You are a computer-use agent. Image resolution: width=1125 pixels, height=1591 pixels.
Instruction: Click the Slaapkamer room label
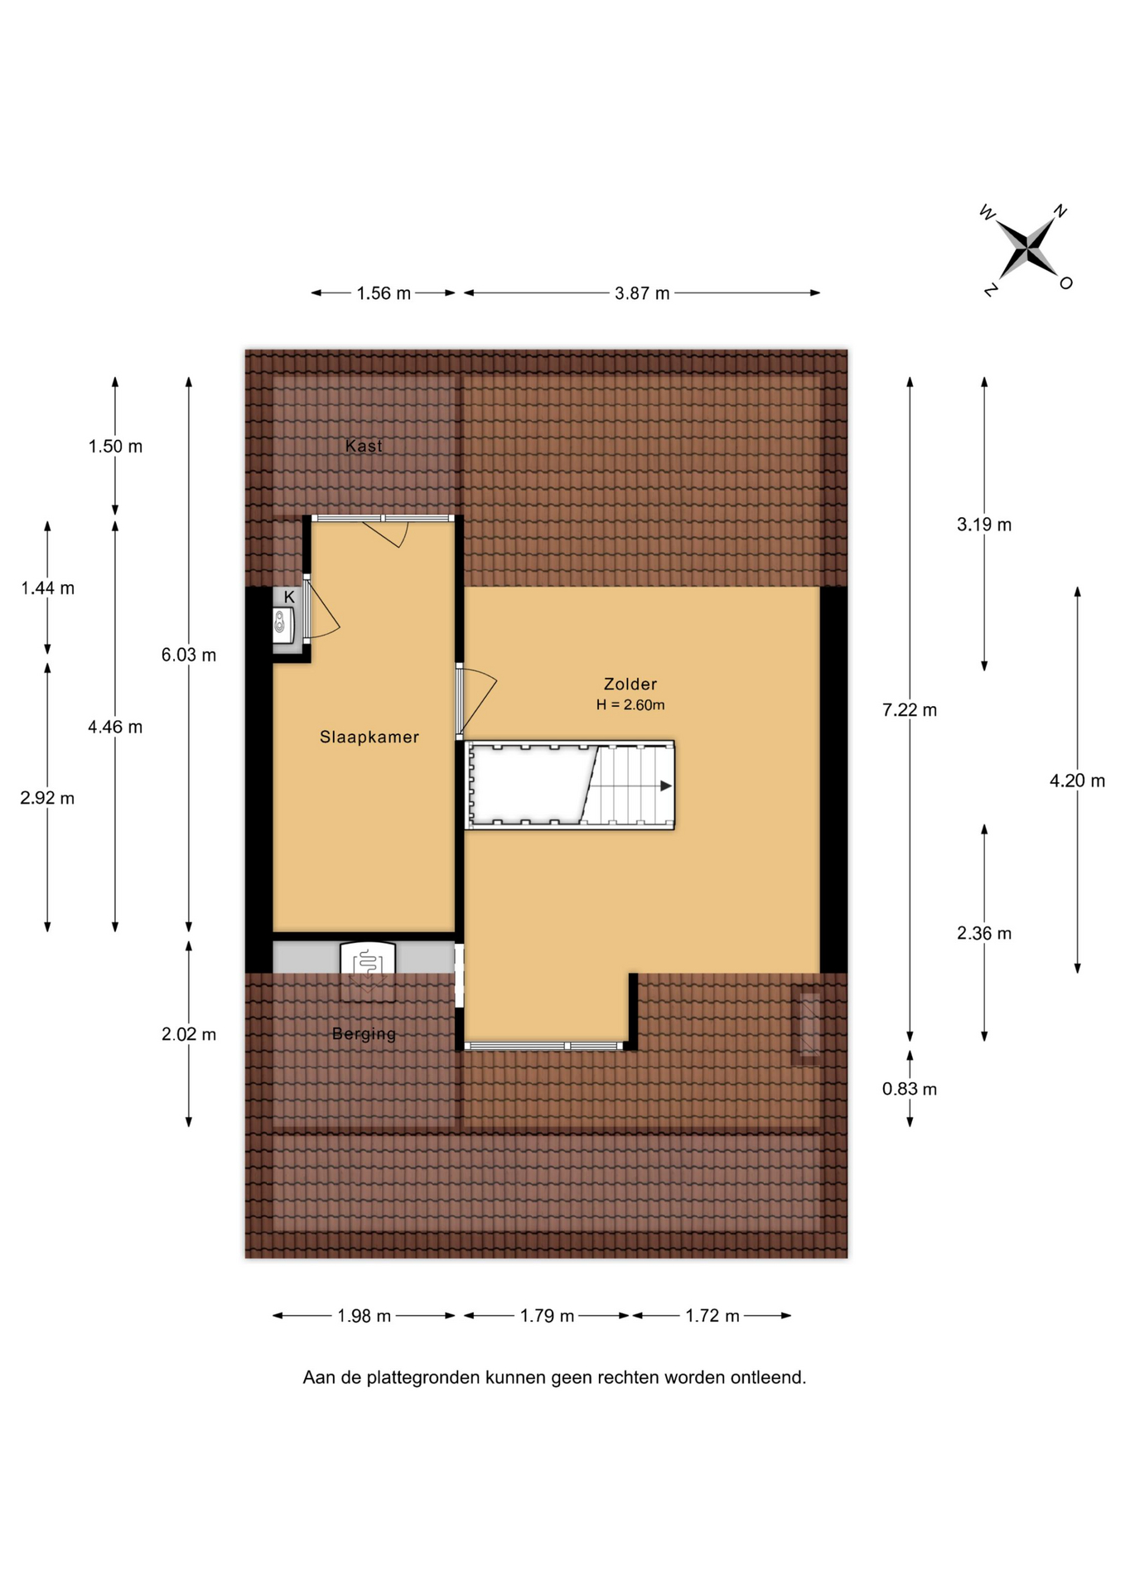point(369,737)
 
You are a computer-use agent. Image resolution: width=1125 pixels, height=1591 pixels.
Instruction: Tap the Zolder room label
point(630,684)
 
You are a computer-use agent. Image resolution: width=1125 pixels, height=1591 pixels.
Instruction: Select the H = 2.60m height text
point(630,705)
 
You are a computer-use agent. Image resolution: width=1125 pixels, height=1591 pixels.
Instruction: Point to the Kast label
point(364,446)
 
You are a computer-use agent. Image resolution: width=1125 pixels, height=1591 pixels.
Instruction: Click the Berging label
point(364,1034)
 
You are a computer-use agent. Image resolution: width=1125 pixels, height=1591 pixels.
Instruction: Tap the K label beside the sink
point(289,597)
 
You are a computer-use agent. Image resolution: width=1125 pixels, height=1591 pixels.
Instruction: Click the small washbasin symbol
point(282,625)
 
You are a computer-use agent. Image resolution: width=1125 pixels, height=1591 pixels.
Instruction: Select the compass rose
point(1026,249)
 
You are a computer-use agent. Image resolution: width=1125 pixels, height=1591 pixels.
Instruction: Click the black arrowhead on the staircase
point(666,786)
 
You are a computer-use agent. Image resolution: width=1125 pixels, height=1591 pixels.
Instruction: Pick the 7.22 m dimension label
point(910,710)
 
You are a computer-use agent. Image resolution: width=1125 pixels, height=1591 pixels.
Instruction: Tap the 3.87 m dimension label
point(642,293)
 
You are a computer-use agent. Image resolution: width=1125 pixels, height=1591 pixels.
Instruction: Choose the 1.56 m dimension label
point(384,293)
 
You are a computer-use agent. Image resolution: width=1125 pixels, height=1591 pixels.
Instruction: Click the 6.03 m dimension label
point(189,655)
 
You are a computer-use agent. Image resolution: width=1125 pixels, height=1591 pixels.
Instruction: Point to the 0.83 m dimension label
point(910,1089)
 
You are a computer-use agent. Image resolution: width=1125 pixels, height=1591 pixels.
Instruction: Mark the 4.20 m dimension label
point(1077,781)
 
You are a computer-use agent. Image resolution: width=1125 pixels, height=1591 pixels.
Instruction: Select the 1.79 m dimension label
point(547,1316)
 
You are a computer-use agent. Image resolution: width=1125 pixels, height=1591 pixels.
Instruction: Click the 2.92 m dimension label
point(47,799)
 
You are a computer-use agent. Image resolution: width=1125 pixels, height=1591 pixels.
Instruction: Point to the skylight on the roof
point(809,1025)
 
